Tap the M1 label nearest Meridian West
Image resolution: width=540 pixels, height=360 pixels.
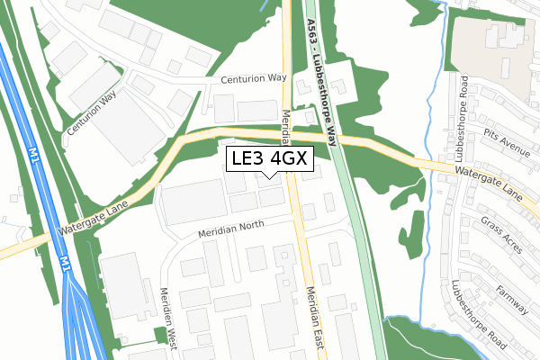coord(65,263)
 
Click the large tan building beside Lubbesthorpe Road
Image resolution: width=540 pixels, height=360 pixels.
coord(492,40)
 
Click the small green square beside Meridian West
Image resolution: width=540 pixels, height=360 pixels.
coord(162,336)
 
